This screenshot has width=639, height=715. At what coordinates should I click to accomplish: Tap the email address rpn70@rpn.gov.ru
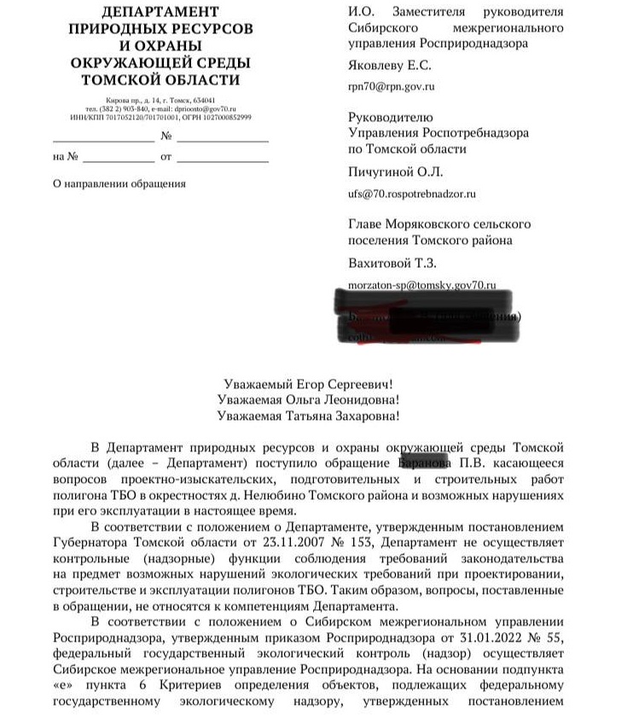tap(392, 87)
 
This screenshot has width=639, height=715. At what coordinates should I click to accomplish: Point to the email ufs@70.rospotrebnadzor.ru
tap(411, 195)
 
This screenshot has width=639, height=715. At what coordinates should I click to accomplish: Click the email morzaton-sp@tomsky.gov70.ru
tap(422, 284)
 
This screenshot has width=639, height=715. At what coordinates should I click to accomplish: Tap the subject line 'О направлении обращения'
tap(119, 183)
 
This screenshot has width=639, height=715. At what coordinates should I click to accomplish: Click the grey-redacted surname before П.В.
tap(425, 463)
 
